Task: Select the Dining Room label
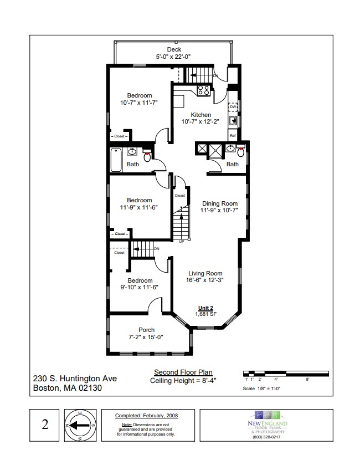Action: pos(219,203)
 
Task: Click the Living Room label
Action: pos(205,273)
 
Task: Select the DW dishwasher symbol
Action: pos(233,106)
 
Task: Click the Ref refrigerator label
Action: pos(233,136)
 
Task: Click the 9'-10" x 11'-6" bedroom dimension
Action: pos(139,287)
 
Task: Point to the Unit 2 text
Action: pos(205,308)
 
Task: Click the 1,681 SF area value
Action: pos(205,314)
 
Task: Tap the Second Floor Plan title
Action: pos(182,372)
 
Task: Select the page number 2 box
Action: pos(44,425)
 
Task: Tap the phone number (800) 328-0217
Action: pos(267,437)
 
